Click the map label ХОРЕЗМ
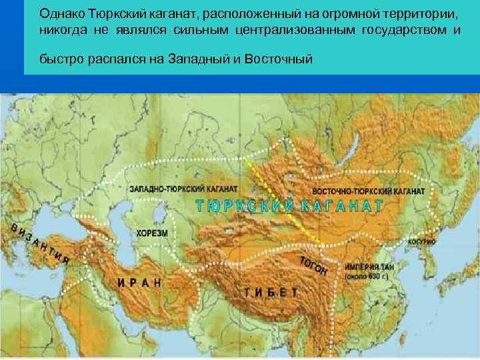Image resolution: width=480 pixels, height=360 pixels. [x=152, y=234]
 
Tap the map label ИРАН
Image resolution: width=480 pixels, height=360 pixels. [x=140, y=282]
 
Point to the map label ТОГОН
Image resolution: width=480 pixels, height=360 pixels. [x=312, y=265]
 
